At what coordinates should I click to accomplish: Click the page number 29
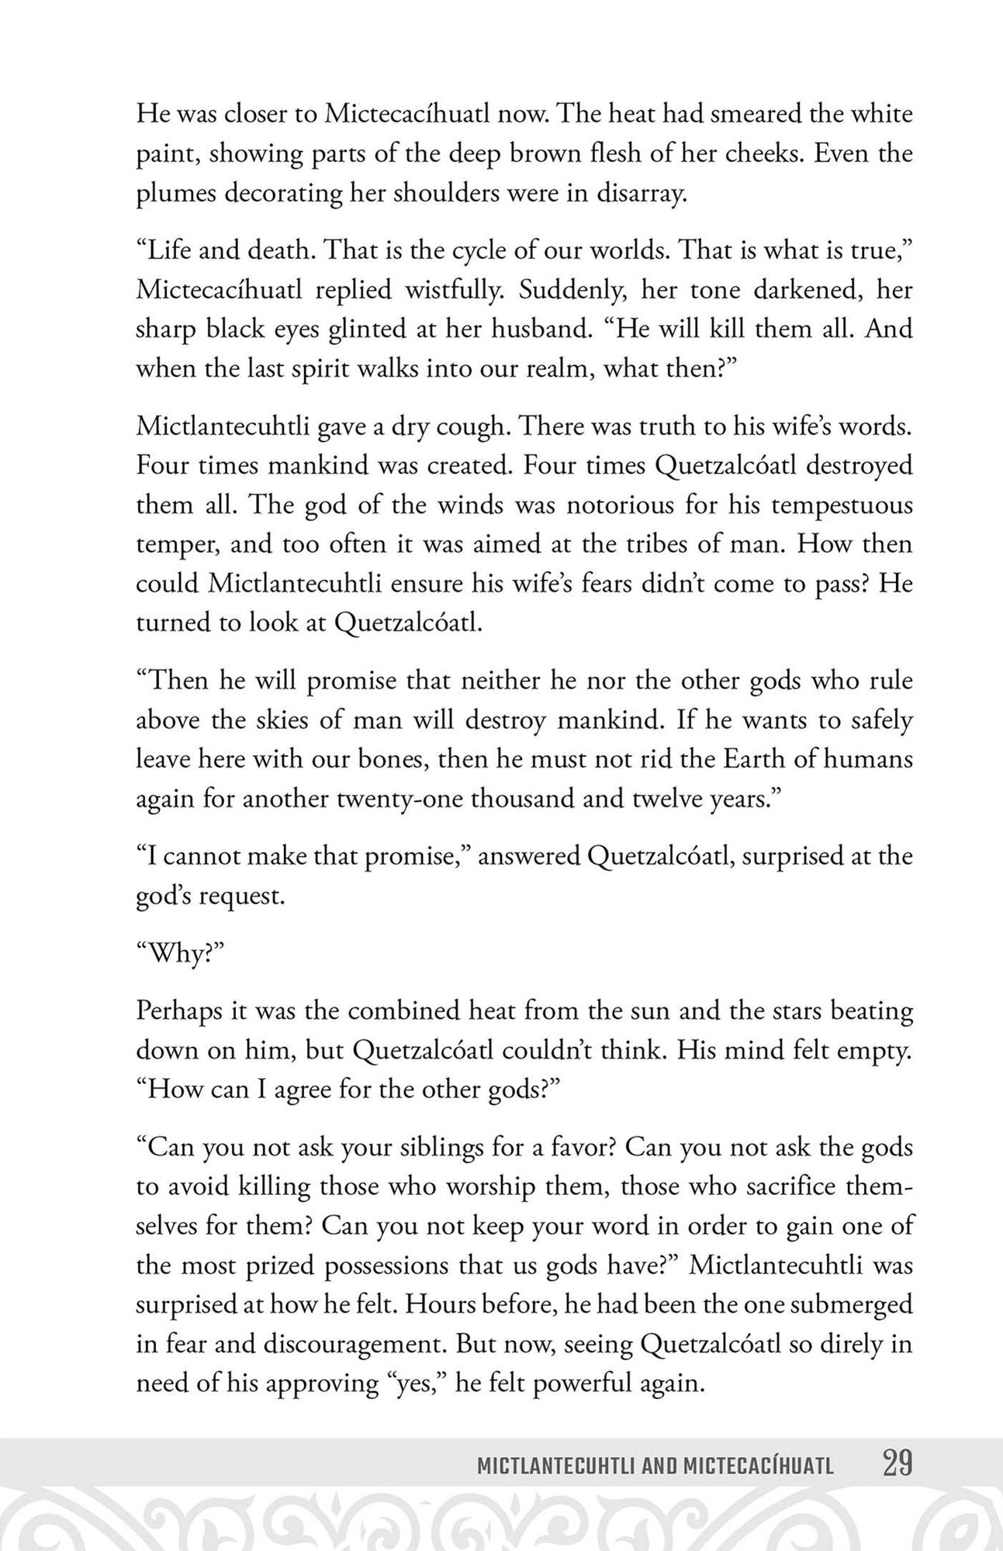point(897,1464)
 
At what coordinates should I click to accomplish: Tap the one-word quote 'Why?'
point(180,953)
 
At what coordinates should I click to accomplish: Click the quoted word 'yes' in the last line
point(415,1383)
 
